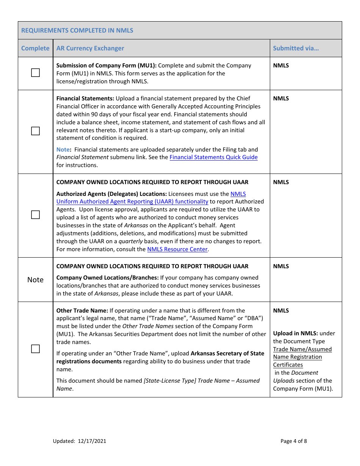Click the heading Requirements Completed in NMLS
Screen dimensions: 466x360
[77, 30]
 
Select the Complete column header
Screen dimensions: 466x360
[35, 48]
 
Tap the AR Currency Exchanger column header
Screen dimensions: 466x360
[90, 48]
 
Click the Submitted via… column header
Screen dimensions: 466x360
[296, 48]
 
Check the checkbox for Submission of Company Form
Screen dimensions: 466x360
[35, 73]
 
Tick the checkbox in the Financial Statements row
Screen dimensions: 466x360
[35, 131]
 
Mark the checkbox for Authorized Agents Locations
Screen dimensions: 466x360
[35, 215]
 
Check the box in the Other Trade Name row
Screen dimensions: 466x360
[35, 349]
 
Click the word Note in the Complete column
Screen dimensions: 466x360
[35, 280]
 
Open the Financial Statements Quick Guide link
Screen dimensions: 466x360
[213, 157]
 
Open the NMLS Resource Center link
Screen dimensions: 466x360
[177, 249]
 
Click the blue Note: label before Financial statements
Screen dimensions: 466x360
[64, 150]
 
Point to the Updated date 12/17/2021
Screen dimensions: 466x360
[92, 441]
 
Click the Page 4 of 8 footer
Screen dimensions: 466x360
[294, 441]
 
